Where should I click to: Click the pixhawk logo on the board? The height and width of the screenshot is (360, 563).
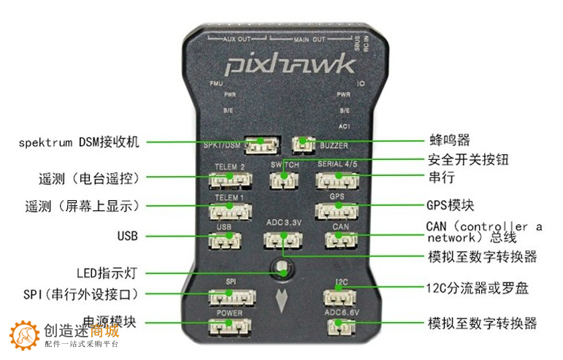coord(290,65)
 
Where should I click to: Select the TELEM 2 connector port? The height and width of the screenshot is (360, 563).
coord(229,179)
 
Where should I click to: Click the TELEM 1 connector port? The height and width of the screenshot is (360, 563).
coord(229,211)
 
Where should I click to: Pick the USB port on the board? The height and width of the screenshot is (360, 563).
coord(224,241)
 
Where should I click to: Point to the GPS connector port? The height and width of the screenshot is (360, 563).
coord(337,210)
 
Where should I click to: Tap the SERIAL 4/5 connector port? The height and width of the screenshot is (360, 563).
coord(337,179)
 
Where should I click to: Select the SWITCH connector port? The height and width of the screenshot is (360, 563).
coord(284,179)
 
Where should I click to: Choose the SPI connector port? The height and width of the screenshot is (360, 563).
coord(229,296)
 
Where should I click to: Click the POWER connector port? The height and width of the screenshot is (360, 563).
coord(229,328)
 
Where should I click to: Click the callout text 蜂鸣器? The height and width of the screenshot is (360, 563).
coord(448,139)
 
